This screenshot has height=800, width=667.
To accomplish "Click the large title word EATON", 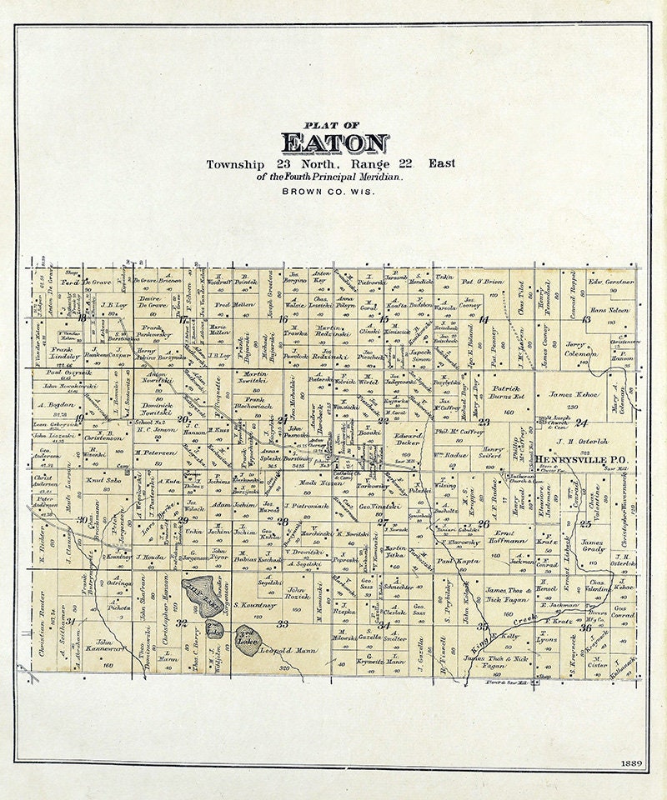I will (334, 143).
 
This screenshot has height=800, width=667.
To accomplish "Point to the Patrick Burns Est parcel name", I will (507, 393).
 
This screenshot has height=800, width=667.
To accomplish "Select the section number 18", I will (82, 317).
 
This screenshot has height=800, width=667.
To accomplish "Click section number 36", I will (585, 627).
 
